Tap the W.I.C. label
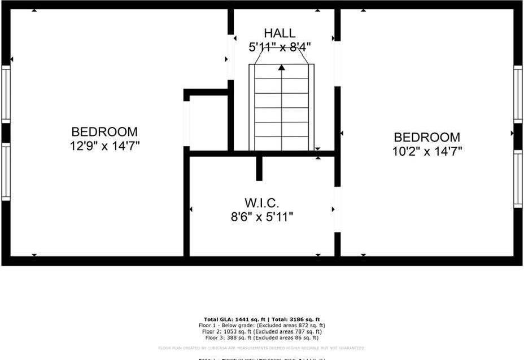point(261,202)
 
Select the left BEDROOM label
point(104,131)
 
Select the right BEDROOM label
point(427,137)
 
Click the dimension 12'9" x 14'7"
point(105,146)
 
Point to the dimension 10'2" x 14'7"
point(427,151)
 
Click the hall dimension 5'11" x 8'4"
point(280,47)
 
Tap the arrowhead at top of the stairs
point(281,67)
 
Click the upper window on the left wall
point(6,94)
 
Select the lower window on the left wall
point(6,170)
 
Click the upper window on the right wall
point(518,94)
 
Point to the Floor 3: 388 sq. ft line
point(261,337)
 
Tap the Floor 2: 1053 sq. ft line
point(261,331)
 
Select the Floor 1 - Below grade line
point(261,326)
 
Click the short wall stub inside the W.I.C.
point(259,168)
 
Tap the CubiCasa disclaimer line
point(261,348)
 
